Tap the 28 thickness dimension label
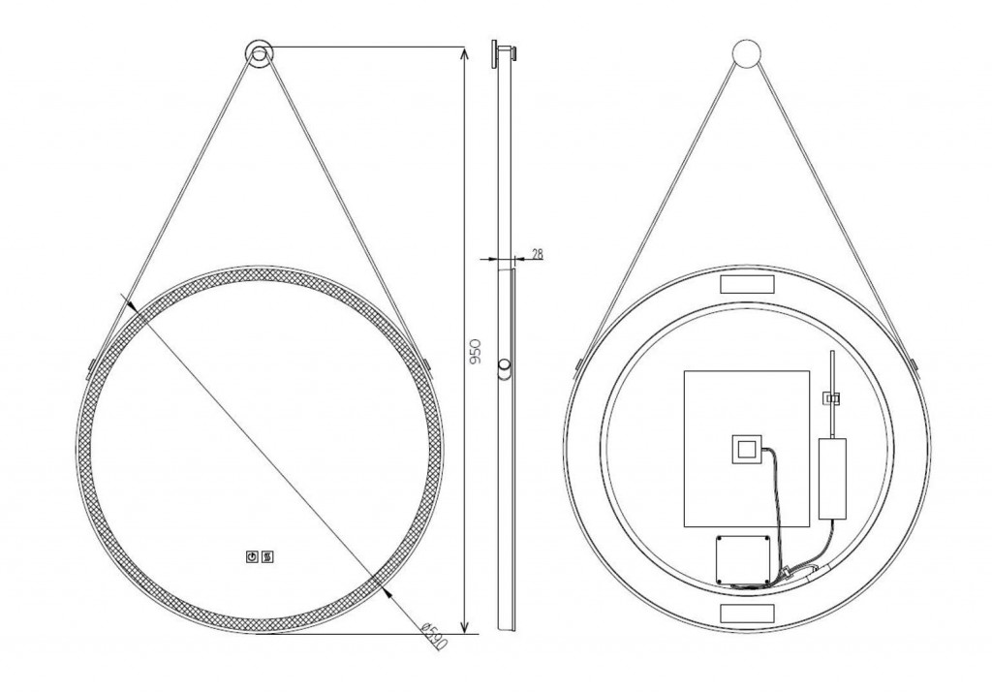tap(537, 254)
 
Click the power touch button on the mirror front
tap(252, 557)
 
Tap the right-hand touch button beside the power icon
tap(267, 557)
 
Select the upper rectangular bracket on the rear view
tap(747, 284)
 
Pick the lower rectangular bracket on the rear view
tap(747, 613)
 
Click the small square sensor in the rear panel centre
tap(747, 450)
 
